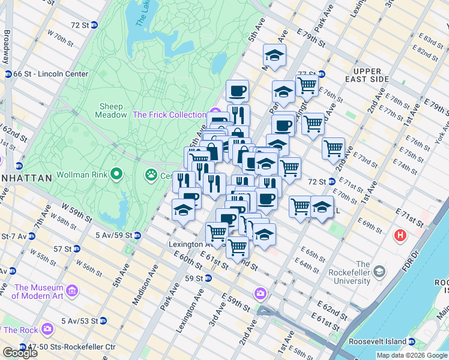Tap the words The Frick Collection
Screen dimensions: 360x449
point(169,115)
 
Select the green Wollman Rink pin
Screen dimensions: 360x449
point(116,175)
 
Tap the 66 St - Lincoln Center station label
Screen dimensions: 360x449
point(51,74)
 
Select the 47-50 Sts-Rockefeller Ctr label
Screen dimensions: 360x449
point(65,347)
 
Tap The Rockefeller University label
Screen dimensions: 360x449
point(363,272)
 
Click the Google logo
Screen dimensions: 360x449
point(19,353)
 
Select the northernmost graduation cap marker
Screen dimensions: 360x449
point(274,56)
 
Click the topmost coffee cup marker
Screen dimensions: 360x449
point(237,91)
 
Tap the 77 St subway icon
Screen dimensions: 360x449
point(321,74)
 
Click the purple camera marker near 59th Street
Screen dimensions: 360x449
point(260,293)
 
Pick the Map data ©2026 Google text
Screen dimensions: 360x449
point(412,355)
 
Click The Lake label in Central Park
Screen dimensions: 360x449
point(142,13)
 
